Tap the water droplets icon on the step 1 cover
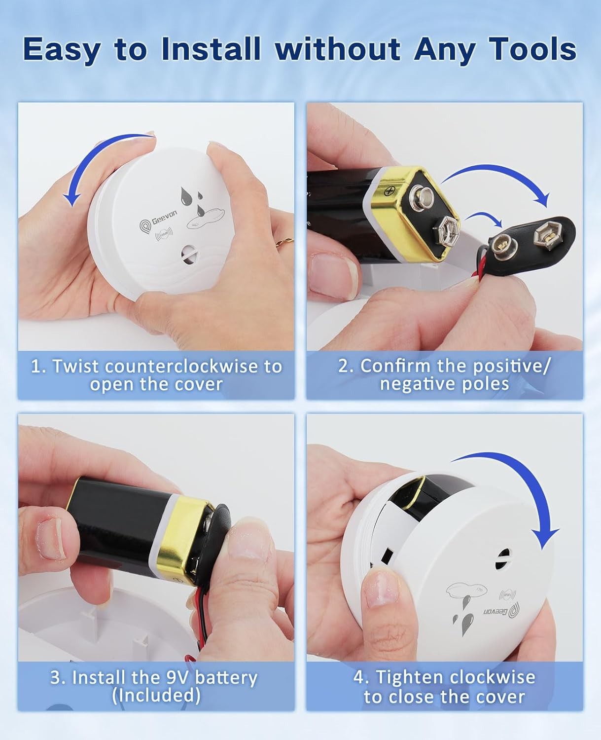(194, 200)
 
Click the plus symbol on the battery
(392, 188)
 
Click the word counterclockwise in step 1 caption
(194, 366)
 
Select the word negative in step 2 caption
(412, 384)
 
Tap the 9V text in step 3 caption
(175, 677)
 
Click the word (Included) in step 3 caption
(156, 695)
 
